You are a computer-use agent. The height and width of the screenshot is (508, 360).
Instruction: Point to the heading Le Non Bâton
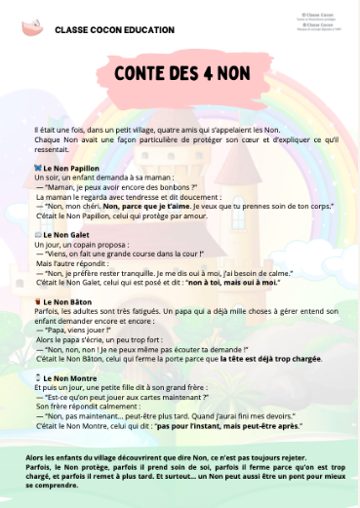[x=69, y=302]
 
